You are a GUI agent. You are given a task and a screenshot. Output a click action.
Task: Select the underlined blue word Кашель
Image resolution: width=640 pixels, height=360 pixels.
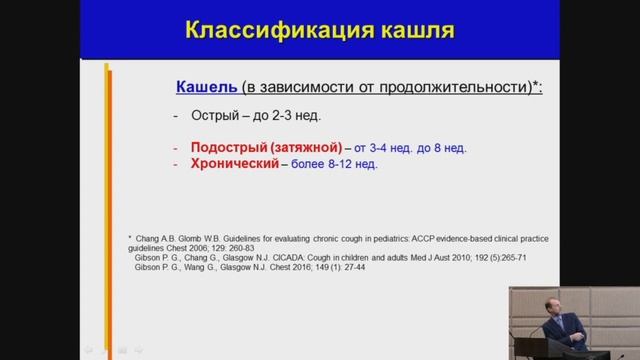pyautogui.click(x=205, y=87)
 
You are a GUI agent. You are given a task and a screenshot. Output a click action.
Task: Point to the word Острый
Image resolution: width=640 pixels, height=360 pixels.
pyautogui.click(x=207, y=115)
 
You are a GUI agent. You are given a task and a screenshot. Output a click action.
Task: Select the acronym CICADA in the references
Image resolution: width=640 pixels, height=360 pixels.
pyautogui.click(x=303, y=257)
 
